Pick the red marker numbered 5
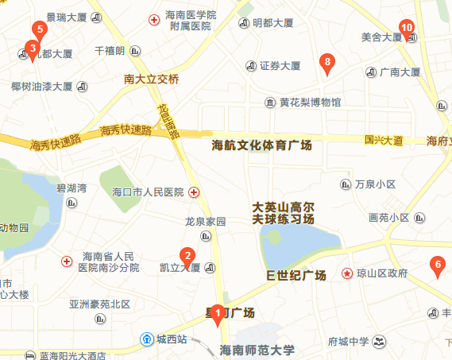pos(38,31)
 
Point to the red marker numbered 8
pos(326,63)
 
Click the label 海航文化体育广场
pos(262,145)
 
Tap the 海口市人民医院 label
pos(149,192)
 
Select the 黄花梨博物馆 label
pos(310,102)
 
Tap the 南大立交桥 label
pos(153,79)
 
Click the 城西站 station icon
pos(148,339)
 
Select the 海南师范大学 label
pos(257,350)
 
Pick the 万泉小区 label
pos(376,184)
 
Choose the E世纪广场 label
pos(296,275)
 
